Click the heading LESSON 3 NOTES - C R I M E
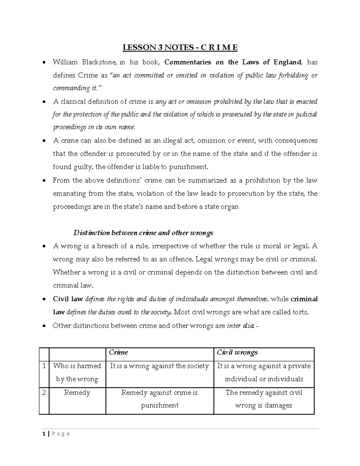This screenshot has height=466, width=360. [x=180, y=47]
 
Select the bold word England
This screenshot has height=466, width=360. [x=287, y=62]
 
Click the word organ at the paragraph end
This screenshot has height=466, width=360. [x=230, y=207]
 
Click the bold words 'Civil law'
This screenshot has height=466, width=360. [x=68, y=299]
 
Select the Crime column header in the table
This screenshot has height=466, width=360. [x=118, y=352]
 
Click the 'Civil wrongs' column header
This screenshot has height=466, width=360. [x=237, y=352]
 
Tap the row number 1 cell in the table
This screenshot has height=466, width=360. [x=44, y=366]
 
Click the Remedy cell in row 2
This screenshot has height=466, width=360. [x=77, y=392]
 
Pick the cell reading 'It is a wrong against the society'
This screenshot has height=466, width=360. [x=159, y=366]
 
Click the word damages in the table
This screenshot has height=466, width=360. [x=278, y=405]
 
